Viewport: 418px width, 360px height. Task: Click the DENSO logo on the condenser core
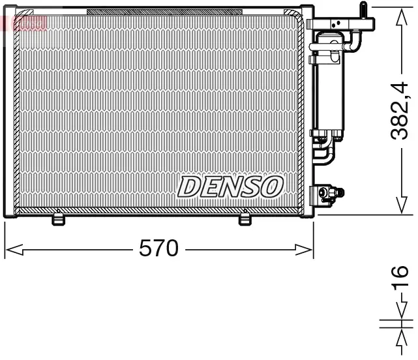pyautogui.click(x=230, y=187)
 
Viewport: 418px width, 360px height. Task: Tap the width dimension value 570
pyautogui.click(x=158, y=248)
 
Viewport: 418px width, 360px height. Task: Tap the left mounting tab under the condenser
pyautogui.click(x=59, y=220)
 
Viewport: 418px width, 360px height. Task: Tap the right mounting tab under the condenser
pyautogui.click(x=245, y=220)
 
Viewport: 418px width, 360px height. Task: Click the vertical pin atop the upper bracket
pyautogui.click(x=362, y=10)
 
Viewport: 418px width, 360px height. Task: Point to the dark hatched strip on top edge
pyautogui.click(x=130, y=12)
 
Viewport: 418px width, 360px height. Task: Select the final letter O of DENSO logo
pyautogui.click(x=272, y=187)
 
